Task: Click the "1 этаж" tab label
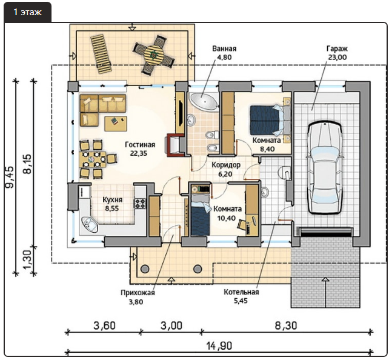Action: point(27,12)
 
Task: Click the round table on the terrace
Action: point(154,54)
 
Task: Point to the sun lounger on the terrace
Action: point(102,55)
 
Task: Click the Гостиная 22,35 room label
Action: point(140,149)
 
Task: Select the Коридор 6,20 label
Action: point(225,169)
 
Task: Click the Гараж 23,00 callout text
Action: point(337,53)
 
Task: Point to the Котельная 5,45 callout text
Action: point(241,296)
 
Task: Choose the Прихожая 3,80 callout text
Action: point(138,297)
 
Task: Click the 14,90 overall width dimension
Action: point(219,345)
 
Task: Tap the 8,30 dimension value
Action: point(286,325)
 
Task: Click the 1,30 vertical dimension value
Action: point(28,259)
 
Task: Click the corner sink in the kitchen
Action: point(89,224)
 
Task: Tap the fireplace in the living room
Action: point(176,145)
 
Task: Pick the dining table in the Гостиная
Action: point(94,159)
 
